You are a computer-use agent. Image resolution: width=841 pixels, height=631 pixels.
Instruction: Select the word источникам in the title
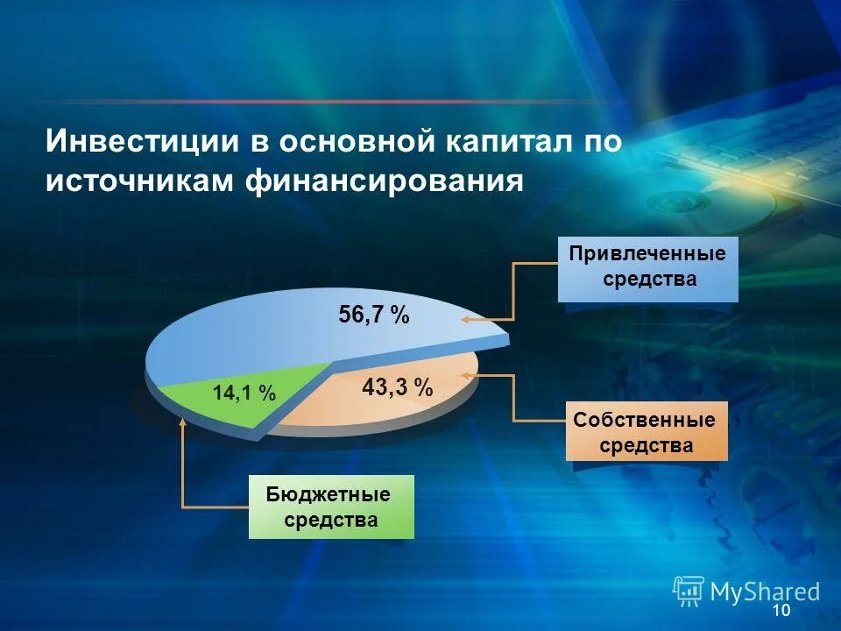pos(138,181)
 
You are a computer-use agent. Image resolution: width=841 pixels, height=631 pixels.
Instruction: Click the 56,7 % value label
pos(374,315)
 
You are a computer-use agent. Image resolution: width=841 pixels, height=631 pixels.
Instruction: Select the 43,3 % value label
pos(398,387)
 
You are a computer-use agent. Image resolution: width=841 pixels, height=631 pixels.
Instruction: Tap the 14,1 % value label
pos(244,394)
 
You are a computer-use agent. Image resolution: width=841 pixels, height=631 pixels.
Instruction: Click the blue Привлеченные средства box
pos(648,268)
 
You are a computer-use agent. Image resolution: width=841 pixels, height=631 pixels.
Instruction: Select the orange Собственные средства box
pos(647,432)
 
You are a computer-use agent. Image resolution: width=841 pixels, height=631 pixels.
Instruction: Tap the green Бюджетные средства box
pos(331,507)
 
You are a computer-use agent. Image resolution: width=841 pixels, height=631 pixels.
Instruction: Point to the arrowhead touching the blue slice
pos(466,321)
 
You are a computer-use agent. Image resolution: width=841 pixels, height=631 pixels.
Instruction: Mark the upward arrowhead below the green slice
pos(182,422)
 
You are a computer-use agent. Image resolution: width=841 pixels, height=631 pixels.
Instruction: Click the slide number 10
pos(782,611)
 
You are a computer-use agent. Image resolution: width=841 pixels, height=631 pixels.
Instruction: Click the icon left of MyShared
pos(689,592)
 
